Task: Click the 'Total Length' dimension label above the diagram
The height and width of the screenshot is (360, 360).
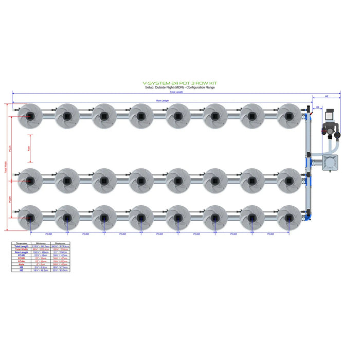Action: pyautogui.click(x=175, y=92)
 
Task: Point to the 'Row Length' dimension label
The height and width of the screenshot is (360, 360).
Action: pyautogui.click(x=162, y=100)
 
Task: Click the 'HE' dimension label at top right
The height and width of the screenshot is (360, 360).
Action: pyautogui.click(x=327, y=96)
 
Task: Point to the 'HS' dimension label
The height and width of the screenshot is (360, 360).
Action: pyautogui.click(x=317, y=107)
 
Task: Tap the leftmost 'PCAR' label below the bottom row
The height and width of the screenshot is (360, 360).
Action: pyautogui.click(x=48, y=234)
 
